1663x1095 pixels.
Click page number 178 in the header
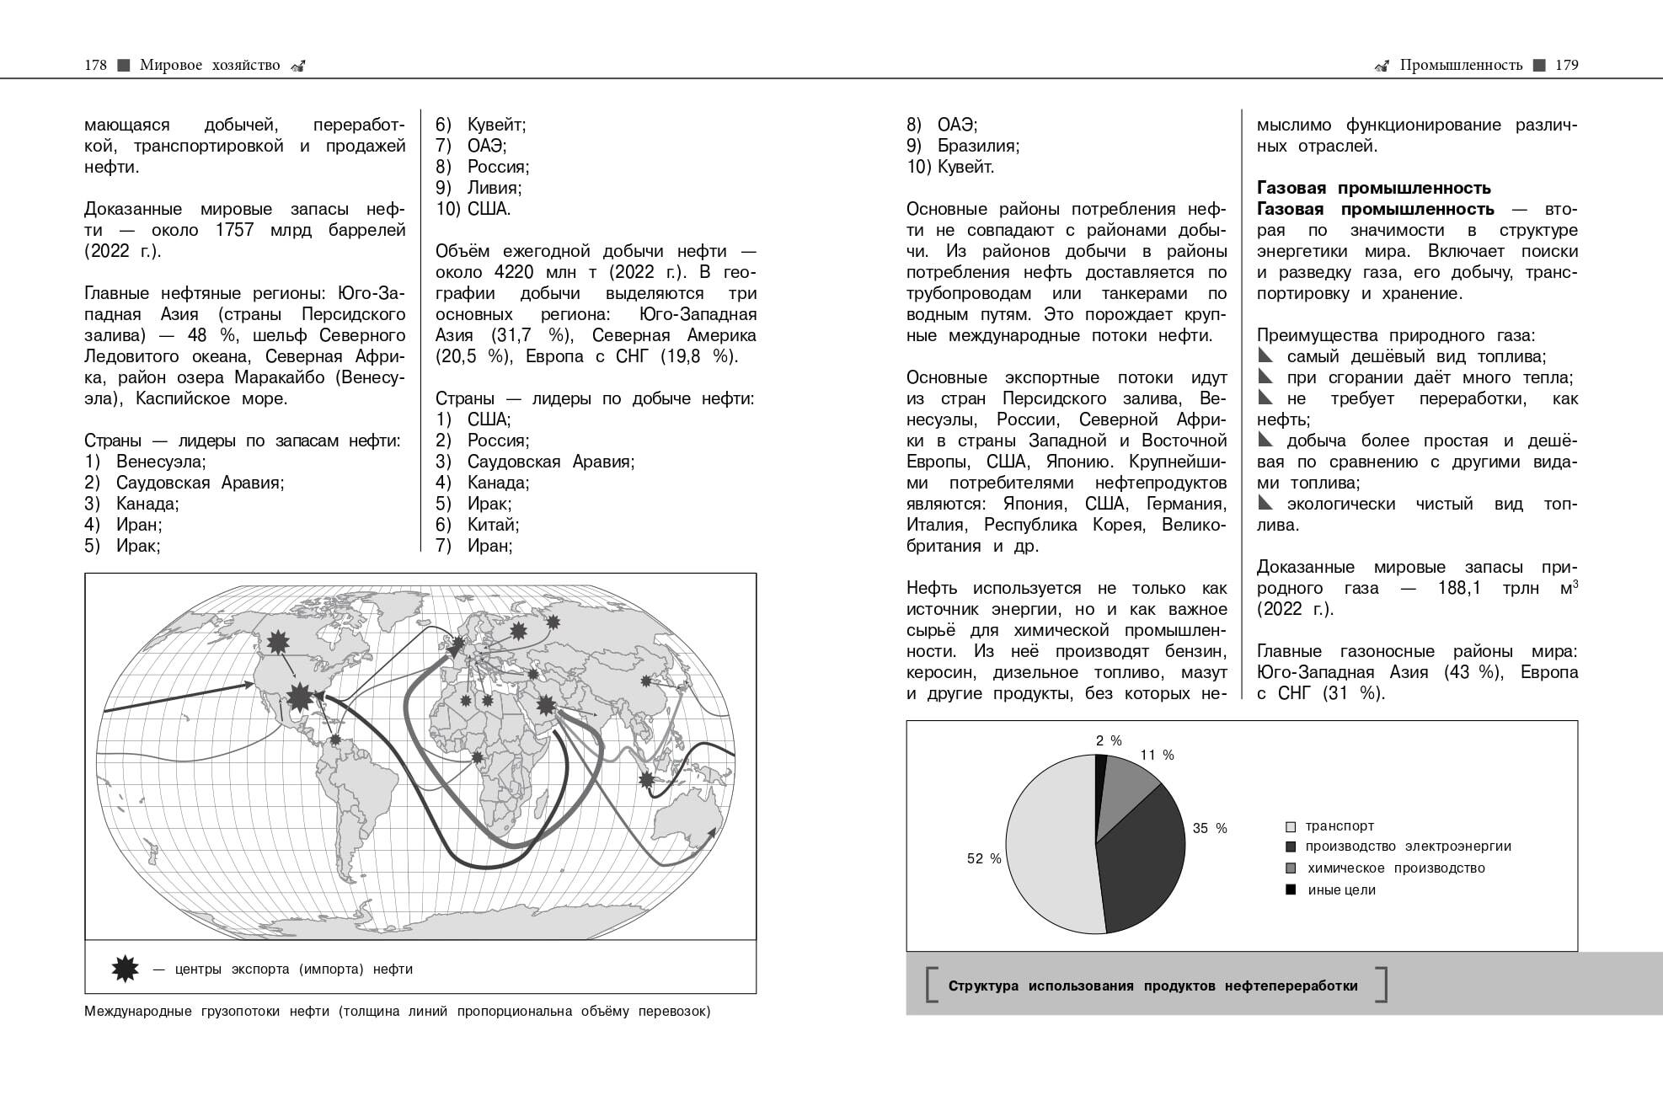click(x=95, y=65)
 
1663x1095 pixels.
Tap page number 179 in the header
click(x=1566, y=65)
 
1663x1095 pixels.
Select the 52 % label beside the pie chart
click(x=984, y=858)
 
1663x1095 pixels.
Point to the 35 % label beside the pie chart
click(x=1210, y=828)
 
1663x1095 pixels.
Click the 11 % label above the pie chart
click(x=1157, y=755)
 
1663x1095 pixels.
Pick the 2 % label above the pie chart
click(x=1109, y=740)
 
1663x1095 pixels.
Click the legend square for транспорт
click(x=1291, y=827)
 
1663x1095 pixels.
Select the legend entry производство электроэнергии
click(x=1408, y=847)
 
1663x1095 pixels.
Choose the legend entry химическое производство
click(x=1395, y=868)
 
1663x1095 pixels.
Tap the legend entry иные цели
click(x=1341, y=890)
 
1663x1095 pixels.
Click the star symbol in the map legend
click(x=125, y=969)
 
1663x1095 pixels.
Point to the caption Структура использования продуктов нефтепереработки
click(x=1152, y=985)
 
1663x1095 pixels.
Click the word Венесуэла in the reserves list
click(x=160, y=462)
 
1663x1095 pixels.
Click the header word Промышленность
click(x=1461, y=65)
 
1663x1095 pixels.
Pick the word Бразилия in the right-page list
click(x=977, y=146)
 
